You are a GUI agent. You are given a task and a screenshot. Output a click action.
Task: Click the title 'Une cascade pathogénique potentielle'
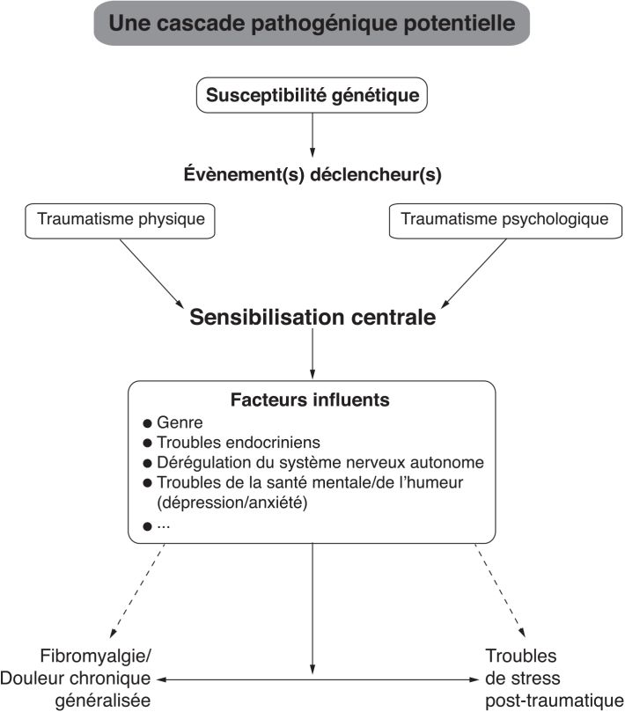click(x=312, y=24)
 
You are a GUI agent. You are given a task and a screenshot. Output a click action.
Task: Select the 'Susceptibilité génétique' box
click(x=312, y=94)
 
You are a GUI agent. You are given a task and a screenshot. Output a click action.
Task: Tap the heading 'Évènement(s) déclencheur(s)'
click(x=312, y=174)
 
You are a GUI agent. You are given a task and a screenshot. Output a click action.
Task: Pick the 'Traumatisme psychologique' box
click(x=504, y=219)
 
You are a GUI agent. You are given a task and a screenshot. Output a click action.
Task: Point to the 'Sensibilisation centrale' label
click(x=312, y=318)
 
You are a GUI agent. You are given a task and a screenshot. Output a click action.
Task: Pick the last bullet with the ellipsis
click(x=162, y=525)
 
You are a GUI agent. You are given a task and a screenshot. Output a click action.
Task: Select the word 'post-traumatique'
click(x=548, y=701)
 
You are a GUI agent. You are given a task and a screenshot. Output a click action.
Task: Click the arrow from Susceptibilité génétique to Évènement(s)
click(x=312, y=135)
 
